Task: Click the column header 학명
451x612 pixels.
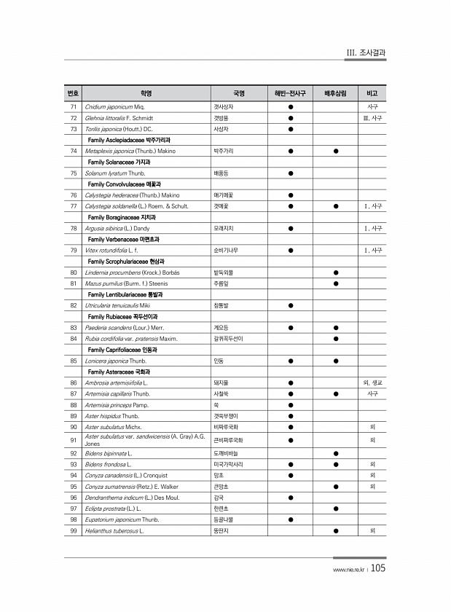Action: click(146, 94)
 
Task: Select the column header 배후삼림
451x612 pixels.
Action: click(335, 94)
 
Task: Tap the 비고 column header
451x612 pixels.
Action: click(372, 94)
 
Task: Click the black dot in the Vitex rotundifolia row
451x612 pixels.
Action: click(290, 250)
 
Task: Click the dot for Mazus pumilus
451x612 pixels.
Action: click(335, 283)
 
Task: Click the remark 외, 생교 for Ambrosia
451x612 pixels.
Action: click(372, 382)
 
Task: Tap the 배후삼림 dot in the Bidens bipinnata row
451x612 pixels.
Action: click(335, 452)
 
